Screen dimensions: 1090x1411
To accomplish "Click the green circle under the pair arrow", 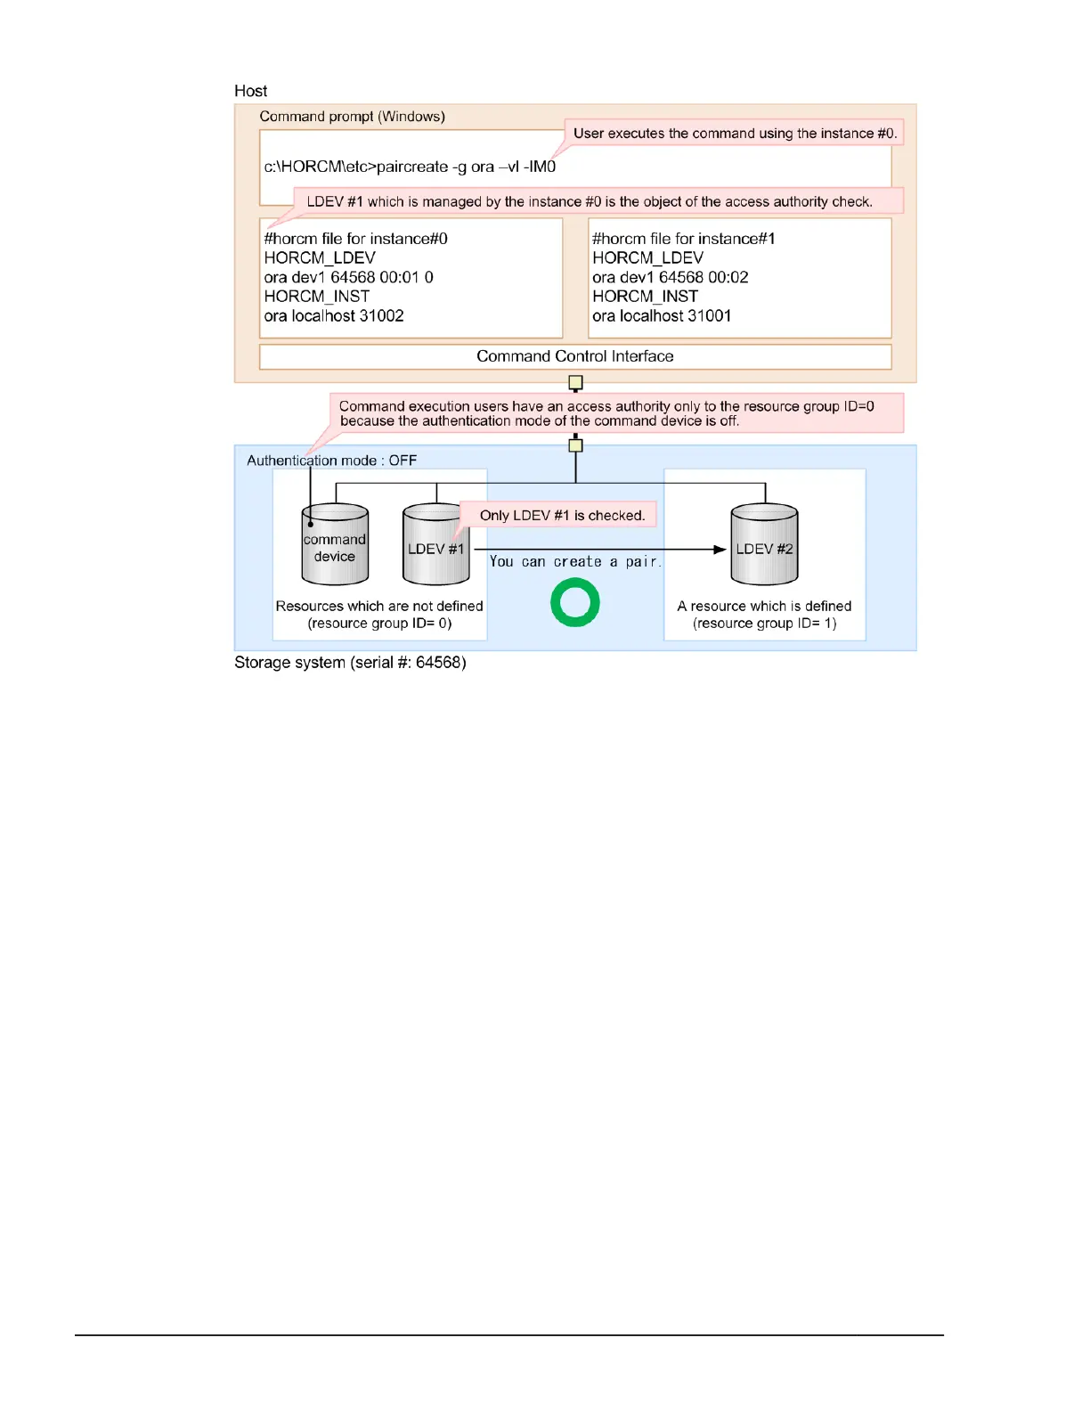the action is coord(574,602).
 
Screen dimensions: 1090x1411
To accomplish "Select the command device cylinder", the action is coord(335,545).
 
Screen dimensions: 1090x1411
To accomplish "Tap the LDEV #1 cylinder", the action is coord(435,545).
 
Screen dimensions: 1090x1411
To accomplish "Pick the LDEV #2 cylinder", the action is coord(764,545).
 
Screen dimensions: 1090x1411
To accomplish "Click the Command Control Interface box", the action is coord(575,356).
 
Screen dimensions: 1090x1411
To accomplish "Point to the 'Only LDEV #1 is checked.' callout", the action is coord(562,515).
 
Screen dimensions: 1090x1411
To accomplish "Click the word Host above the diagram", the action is coord(250,91).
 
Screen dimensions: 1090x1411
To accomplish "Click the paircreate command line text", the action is coord(410,167).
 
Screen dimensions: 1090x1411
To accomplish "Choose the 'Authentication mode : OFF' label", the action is coord(331,461).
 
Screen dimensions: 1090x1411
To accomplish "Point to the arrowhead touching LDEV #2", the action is coord(720,550).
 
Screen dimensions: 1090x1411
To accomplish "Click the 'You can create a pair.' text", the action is coord(575,562).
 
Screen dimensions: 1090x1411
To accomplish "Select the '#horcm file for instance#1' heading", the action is coord(683,239).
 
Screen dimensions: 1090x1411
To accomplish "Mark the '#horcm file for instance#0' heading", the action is coord(355,239).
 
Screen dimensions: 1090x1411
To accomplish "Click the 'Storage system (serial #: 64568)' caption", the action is coord(350,663).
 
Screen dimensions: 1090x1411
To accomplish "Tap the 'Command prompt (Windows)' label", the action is coord(352,117).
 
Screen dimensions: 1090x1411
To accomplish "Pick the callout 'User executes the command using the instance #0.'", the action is coord(735,134).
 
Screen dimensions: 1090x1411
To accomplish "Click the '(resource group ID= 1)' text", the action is coord(764,624).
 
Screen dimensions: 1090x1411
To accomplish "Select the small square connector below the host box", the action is coord(575,383).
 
